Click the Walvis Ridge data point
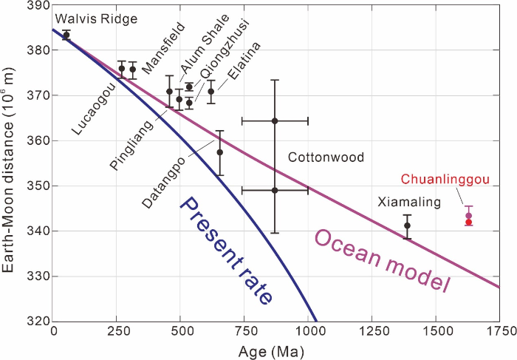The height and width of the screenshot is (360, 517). click(66, 35)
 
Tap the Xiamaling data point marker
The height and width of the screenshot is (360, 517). click(407, 225)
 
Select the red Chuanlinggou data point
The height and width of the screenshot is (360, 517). click(468, 222)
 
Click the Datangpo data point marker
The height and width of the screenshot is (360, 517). click(219, 152)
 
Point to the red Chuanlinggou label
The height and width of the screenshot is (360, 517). click(435, 180)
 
